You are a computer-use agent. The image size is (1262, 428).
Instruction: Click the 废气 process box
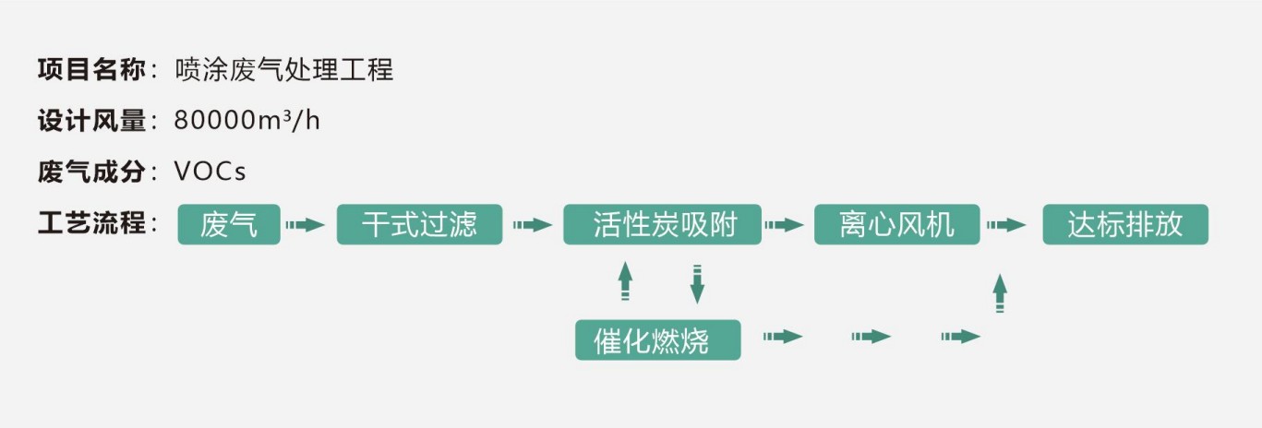pyautogui.click(x=229, y=225)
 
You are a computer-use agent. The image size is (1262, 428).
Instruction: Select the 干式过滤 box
pyautogui.click(x=419, y=225)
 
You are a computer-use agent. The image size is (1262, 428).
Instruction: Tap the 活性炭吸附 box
pyautogui.click(x=662, y=225)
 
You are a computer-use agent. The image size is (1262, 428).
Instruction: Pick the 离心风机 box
pyautogui.click(x=895, y=225)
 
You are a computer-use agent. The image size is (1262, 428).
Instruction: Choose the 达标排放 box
pyautogui.click(x=1124, y=225)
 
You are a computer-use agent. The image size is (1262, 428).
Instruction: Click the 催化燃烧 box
pyautogui.click(x=657, y=339)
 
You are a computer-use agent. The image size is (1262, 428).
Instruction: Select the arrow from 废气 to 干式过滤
pyautogui.click(x=306, y=225)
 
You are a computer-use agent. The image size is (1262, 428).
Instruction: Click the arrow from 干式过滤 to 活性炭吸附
pyautogui.click(x=532, y=225)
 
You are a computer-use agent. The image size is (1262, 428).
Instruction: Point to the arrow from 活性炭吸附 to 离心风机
pyautogui.click(x=786, y=225)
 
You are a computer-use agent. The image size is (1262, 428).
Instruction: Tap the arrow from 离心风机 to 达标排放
pyautogui.click(x=1006, y=225)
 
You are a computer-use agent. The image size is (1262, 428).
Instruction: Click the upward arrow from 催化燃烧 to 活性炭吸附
pyautogui.click(x=625, y=280)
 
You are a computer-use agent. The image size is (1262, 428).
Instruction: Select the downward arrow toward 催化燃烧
pyautogui.click(x=697, y=283)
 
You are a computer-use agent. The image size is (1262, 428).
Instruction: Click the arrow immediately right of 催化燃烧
pyautogui.click(x=782, y=337)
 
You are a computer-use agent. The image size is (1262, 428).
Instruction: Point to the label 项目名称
pyautogui.click(x=91, y=69)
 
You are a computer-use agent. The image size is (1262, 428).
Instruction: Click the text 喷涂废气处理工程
pyautogui.click(x=284, y=69)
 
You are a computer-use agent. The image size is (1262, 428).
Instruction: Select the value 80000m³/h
pyautogui.click(x=247, y=121)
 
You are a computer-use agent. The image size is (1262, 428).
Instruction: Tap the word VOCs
pyautogui.click(x=210, y=172)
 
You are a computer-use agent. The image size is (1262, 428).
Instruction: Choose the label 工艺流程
pyautogui.click(x=91, y=224)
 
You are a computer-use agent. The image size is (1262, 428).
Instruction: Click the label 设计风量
pyautogui.click(x=91, y=121)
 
